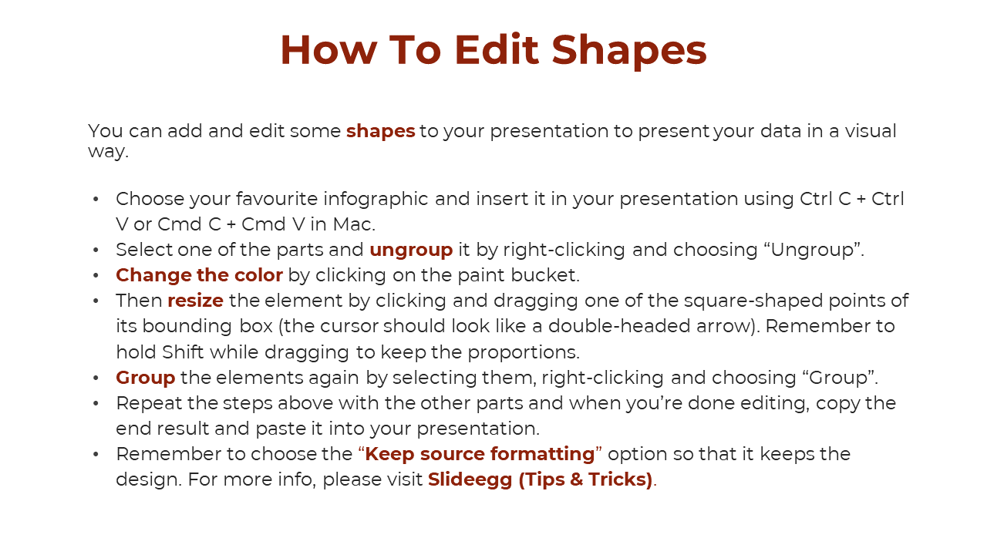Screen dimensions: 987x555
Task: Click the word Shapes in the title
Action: coord(629,50)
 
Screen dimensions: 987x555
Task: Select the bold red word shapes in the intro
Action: coord(381,131)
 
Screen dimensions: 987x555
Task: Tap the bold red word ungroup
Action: coord(411,251)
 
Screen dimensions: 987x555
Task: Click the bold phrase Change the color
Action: coord(199,275)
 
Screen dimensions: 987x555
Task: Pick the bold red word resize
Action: coord(196,301)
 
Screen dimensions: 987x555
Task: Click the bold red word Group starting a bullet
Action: coord(146,378)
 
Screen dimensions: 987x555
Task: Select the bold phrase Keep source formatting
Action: coord(480,454)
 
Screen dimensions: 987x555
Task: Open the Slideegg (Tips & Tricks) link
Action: coord(541,479)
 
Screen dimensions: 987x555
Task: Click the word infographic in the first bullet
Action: coord(376,199)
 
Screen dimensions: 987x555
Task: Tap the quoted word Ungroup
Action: coord(812,251)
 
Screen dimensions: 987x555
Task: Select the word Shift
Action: coord(183,352)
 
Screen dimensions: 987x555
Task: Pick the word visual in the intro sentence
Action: coord(871,131)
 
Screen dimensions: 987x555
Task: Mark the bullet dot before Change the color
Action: coord(96,276)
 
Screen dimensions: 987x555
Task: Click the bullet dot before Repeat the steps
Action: coord(96,404)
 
